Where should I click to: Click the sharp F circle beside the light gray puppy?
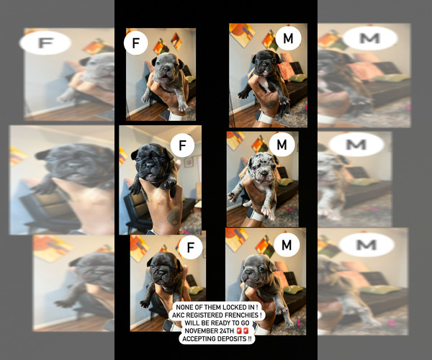pyautogui.click(x=135, y=44)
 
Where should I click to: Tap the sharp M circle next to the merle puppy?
pyautogui.click(x=282, y=145)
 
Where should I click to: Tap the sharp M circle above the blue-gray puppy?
pyautogui.click(x=287, y=246)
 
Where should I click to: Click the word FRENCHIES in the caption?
pyautogui.click(x=243, y=315)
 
